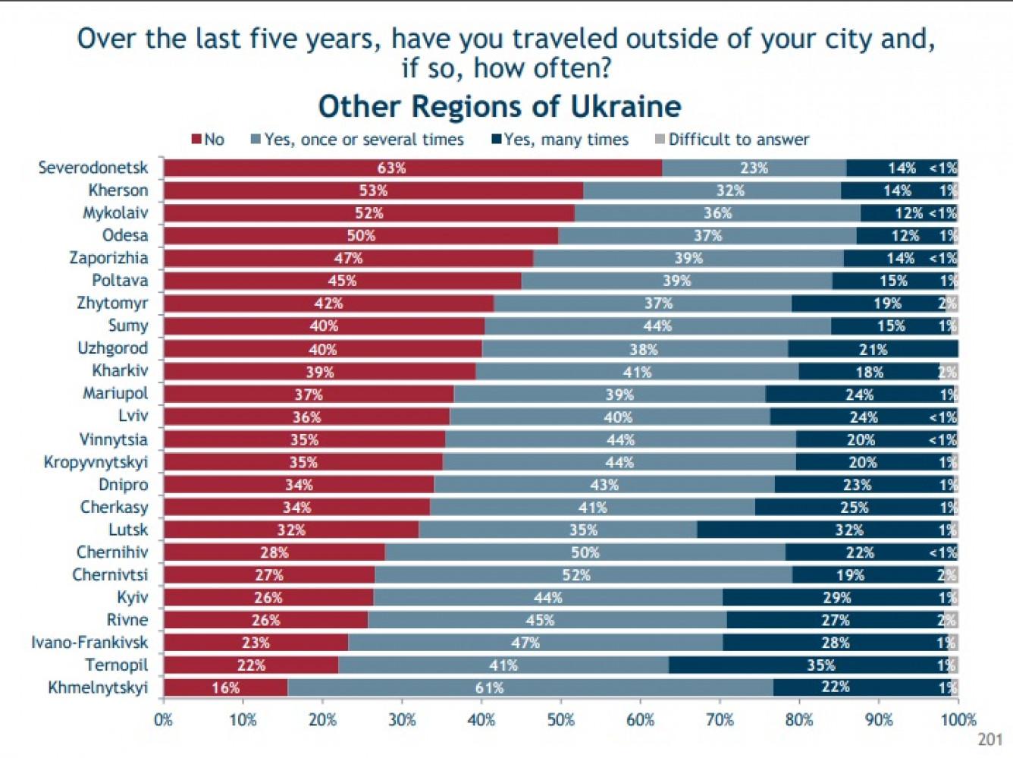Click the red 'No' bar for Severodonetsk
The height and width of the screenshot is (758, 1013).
point(412,168)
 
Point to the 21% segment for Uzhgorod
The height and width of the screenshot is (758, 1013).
point(873,349)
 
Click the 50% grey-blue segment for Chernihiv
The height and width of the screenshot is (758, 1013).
point(585,552)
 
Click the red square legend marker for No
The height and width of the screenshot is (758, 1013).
point(196,140)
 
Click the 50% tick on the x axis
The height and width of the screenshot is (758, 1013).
point(561,719)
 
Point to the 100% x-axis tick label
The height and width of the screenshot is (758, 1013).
point(958,719)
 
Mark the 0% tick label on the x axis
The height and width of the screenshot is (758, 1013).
point(164,719)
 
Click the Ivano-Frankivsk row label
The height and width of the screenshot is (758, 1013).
point(89,643)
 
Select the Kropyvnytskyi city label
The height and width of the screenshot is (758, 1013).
point(96,462)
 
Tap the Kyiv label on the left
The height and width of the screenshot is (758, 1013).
point(133,597)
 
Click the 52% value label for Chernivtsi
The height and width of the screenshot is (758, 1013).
point(576,575)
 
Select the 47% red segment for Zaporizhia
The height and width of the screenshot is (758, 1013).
point(348,258)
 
